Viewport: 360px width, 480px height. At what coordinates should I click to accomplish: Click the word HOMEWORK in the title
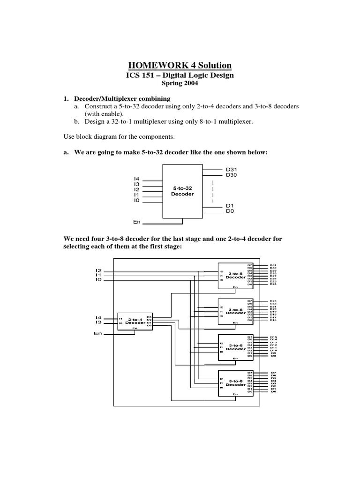click(x=151, y=65)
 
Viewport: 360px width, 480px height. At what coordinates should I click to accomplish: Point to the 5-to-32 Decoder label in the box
click(x=182, y=191)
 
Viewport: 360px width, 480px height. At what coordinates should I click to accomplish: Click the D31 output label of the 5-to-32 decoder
click(x=232, y=169)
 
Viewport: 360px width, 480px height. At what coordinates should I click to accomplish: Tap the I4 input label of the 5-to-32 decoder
click(x=137, y=179)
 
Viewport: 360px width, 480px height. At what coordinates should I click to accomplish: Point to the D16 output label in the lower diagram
click(x=273, y=320)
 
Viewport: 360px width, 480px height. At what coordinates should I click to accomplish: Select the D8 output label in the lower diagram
click(x=273, y=356)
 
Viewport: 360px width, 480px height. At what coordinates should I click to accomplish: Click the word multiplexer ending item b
click(x=235, y=121)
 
